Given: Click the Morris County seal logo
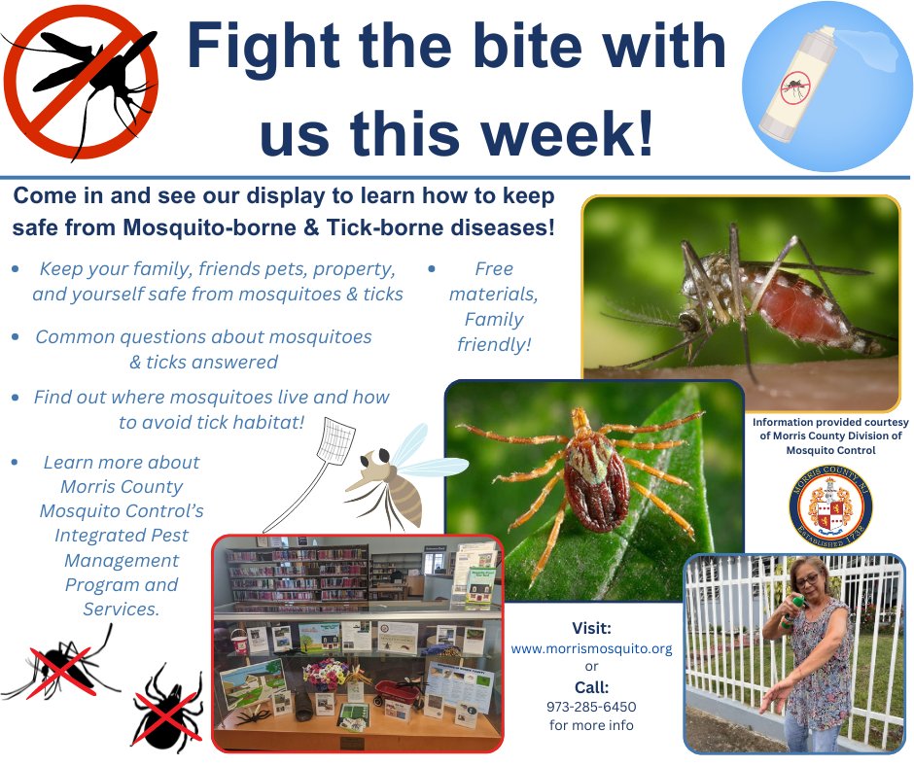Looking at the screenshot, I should (829, 508).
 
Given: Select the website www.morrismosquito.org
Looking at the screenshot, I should (592, 648).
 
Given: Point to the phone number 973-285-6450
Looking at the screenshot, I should (591, 707).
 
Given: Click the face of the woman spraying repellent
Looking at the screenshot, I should (808, 579).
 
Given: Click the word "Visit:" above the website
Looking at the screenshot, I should (592, 627).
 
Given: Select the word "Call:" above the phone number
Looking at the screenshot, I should (591, 687).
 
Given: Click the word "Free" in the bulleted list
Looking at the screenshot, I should (493, 268).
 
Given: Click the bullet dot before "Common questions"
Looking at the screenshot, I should (16, 337).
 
